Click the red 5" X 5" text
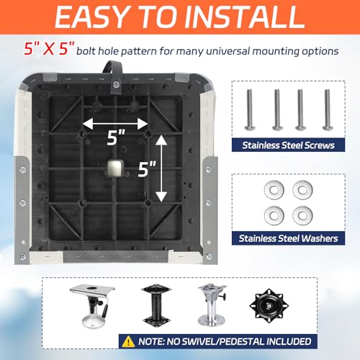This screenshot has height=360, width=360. pos(49,49)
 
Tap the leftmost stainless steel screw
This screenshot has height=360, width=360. pos(250,109)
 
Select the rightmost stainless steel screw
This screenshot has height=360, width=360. pos(327,109)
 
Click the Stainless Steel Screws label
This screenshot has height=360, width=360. pos(288,145)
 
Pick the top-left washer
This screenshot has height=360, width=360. pos(274,190)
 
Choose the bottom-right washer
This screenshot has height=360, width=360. pos(302,215)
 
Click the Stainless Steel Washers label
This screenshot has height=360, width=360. pos(288,238)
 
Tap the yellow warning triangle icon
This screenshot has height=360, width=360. pos(128,341)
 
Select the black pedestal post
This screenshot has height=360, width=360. pos(156,304)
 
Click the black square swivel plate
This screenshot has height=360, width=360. pos(269,306)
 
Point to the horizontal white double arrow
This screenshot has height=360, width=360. pos(115,124)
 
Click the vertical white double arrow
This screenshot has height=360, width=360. pos(161,168)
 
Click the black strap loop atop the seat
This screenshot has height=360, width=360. pos(113,76)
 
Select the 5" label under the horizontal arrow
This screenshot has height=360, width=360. pos(116,138)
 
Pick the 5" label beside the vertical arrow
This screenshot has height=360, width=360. pos(147,169)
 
